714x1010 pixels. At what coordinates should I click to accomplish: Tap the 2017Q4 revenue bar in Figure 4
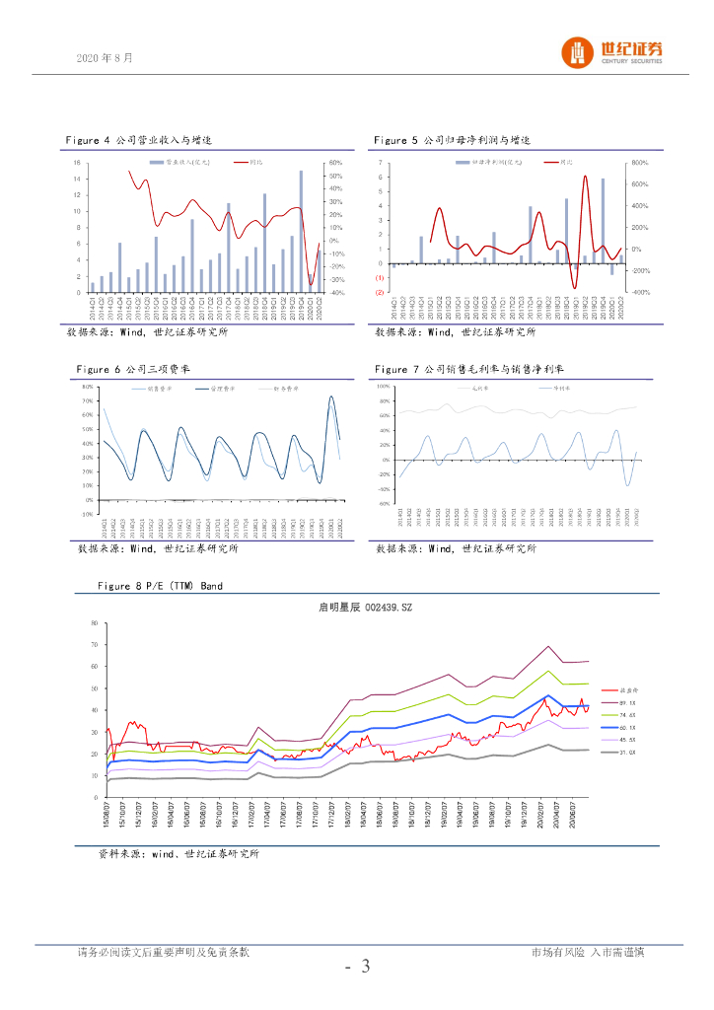coord(229,249)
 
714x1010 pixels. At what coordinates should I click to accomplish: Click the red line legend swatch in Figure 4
coord(243,162)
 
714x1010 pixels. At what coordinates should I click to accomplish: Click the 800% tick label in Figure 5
coord(638,163)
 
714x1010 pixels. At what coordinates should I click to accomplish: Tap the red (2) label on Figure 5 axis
coord(380,293)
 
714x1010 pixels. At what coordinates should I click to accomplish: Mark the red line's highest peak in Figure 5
coord(585,177)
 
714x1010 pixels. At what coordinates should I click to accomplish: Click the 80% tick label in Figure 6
coord(88,387)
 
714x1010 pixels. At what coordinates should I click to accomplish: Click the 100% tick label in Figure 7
coord(385,387)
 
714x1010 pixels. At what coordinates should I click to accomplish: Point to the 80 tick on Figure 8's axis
coord(94,623)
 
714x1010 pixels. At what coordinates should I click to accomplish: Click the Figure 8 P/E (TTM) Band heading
coord(160,586)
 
